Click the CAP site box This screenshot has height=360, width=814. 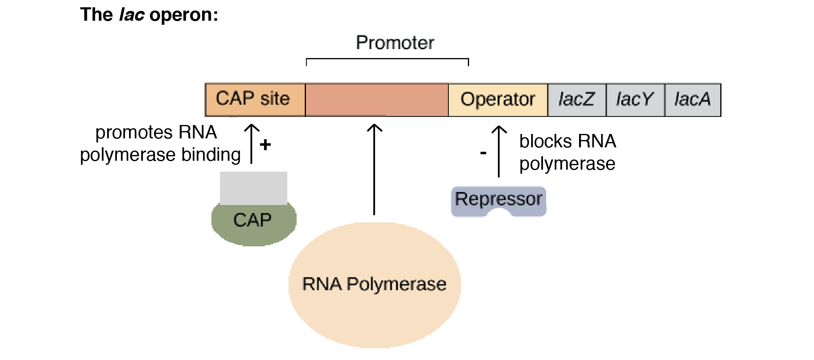pyautogui.click(x=255, y=100)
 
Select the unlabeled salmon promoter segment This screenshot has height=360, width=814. pyautogui.click(x=377, y=100)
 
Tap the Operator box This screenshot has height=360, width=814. pyautogui.click(x=498, y=100)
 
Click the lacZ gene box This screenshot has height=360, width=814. pyautogui.click(x=577, y=100)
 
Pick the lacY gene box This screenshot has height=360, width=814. pyautogui.click(x=635, y=100)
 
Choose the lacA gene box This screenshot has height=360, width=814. pyautogui.click(x=693, y=100)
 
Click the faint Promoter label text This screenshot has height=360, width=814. pyautogui.click(x=395, y=43)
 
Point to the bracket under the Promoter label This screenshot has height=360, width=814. pyautogui.click(x=387, y=59)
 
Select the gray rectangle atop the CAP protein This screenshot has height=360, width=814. pyautogui.click(x=254, y=188)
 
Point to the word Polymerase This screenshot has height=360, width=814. pyautogui.click(x=396, y=284)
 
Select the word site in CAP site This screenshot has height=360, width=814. pyautogui.click(x=275, y=99)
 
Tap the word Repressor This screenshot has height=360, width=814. pyautogui.click(x=498, y=199)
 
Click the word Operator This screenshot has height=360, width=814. pyautogui.click(x=498, y=99)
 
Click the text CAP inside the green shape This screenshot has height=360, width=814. pyautogui.click(x=252, y=220)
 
